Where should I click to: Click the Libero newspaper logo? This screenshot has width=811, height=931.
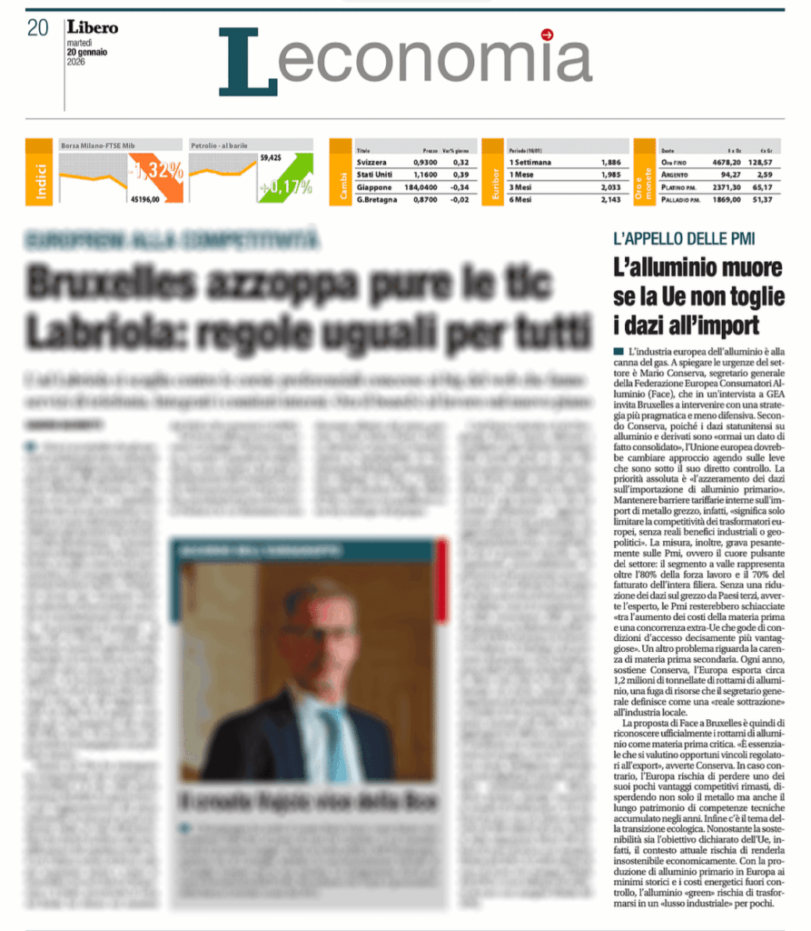click(92, 27)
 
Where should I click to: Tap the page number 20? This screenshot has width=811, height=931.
click(37, 28)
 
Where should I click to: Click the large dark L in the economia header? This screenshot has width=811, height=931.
click(245, 60)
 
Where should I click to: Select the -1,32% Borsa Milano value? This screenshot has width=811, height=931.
click(155, 170)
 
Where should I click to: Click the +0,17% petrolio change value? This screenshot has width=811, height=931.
click(285, 187)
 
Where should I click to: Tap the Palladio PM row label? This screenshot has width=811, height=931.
click(681, 198)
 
